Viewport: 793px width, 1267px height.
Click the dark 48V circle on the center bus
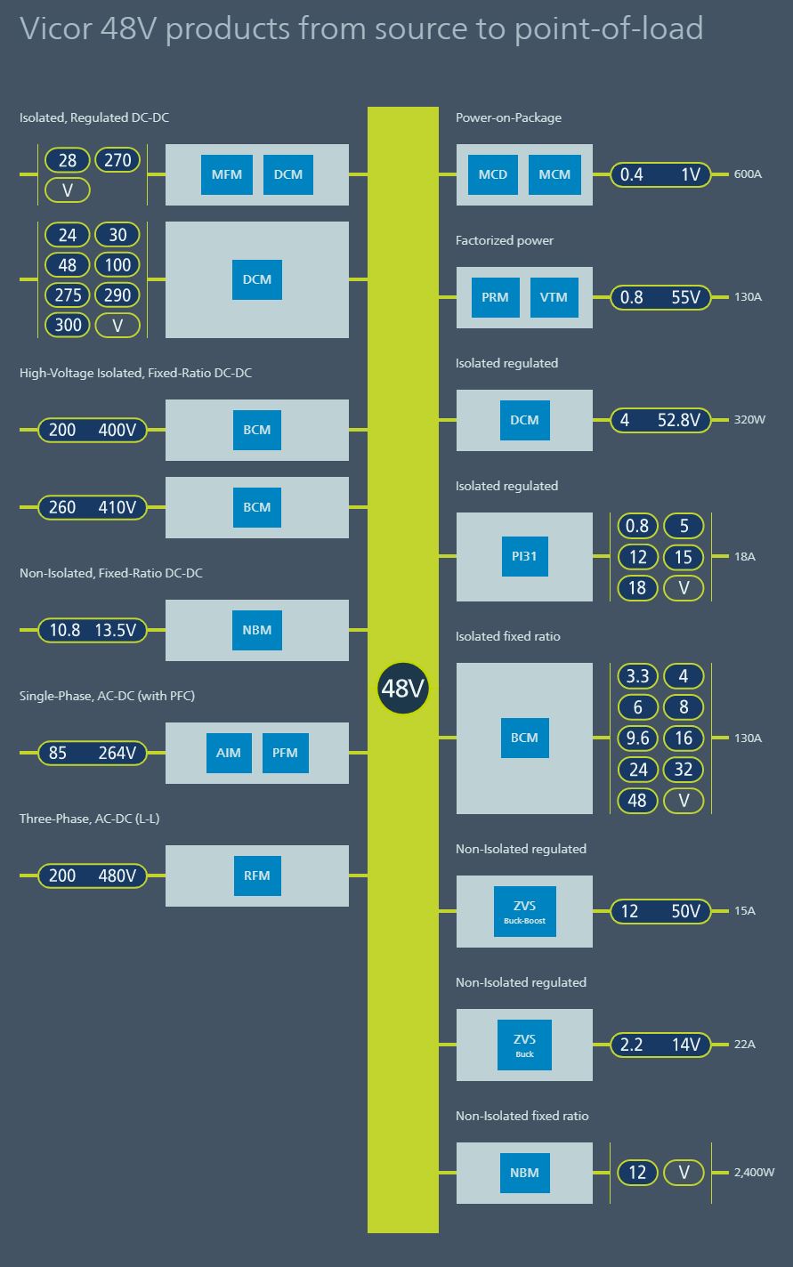pyautogui.click(x=403, y=688)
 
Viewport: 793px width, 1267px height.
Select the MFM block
pyautogui.click(x=226, y=174)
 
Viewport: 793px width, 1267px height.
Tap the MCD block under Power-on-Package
pyautogui.click(x=492, y=174)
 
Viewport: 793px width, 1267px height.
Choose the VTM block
pyautogui.click(x=554, y=297)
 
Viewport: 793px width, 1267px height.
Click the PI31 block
pyautogui.click(x=524, y=557)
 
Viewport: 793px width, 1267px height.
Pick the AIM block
pyautogui.click(x=228, y=753)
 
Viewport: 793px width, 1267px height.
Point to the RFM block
pyautogui.click(x=257, y=876)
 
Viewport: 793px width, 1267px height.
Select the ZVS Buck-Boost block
pyautogui.click(x=524, y=911)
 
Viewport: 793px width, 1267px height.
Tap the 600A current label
pyautogui.click(x=748, y=174)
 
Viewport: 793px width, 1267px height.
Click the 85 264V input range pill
pyautogui.click(x=93, y=753)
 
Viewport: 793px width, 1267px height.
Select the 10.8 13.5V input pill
pyautogui.click(x=93, y=630)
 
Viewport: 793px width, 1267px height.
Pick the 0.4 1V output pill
pyautogui.click(x=659, y=174)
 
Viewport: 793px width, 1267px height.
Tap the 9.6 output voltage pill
pyautogui.click(x=637, y=738)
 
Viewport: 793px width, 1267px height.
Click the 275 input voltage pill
pyautogui.click(x=68, y=295)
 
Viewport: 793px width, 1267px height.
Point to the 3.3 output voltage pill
pyautogui.click(x=637, y=676)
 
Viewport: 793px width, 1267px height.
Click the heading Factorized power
pyautogui.click(x=504, y=240)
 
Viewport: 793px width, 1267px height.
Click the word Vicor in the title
pyautogui.click(x=56, y=29)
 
